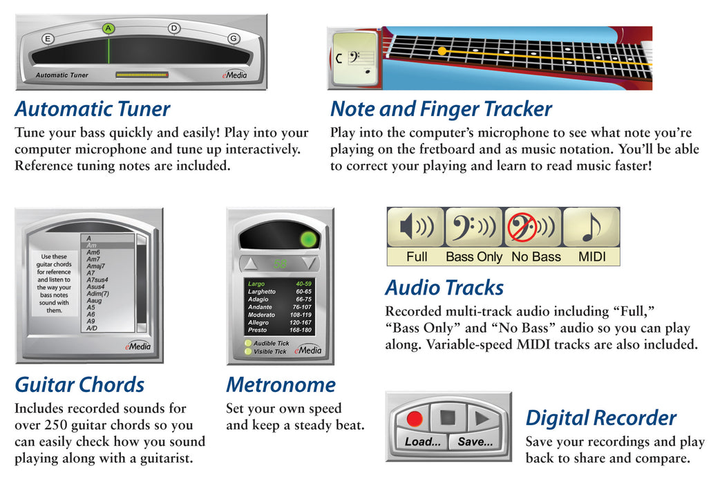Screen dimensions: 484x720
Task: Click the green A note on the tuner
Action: (108, 28)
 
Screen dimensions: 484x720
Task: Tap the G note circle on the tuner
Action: (234, 38)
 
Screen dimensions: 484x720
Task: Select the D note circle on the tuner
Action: (174, 28)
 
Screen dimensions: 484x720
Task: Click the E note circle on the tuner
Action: (48, 39)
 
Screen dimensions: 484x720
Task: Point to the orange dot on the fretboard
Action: (442, 50)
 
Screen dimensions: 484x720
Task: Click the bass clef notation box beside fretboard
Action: (354, 59)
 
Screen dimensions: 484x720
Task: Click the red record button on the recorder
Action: (415, 418)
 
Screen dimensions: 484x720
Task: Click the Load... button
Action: (422, 441)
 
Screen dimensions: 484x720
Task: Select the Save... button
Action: (475, 441)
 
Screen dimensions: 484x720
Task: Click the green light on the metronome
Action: (308, 241)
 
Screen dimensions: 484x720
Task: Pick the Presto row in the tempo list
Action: (279, 331)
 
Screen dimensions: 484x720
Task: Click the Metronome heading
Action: (281, 384)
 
